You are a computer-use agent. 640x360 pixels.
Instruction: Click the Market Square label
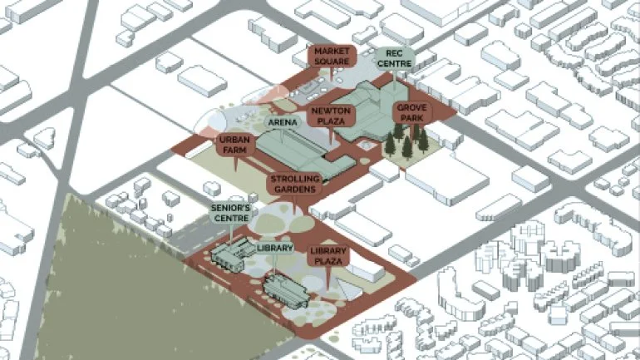(x=332, y=57)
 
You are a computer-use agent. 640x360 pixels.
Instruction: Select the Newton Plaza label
(x=332, y=116)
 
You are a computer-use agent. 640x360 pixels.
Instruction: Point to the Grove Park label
(x=411, y=113)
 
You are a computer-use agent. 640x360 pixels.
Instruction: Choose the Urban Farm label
(x=234, y=145)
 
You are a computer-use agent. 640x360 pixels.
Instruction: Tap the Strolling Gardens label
(x=293, y=184)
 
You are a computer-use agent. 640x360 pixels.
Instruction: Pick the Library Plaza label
(x=326, y=256)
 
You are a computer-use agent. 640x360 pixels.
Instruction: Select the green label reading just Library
(x=275, y=248)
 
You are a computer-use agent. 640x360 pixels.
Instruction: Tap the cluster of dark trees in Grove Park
(x=406, y=145)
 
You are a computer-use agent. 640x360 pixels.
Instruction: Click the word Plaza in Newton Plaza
(x=332, y=121)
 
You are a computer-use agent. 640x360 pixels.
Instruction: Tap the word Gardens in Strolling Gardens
(x=293, y=190)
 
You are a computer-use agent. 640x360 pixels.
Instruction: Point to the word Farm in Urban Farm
(x=234, y=150)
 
